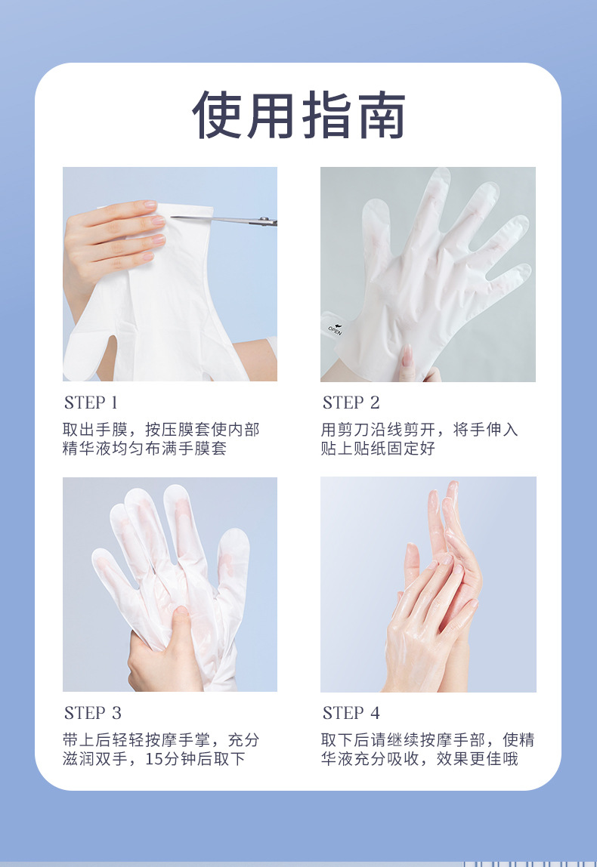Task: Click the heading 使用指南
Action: pyautogui.click(x=298, y=115)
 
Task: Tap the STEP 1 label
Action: pyautogui.click(x=91, y=403)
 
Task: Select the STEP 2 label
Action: pyautogui.click(x=351, y=403)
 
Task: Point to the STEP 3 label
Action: pyautogui.click(x=92, y=713)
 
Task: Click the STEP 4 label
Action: pyautogui.click(x=351, y=713)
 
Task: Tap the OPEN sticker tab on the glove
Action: pyautogui.click(x=333, y=327)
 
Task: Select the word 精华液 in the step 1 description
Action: pyautogui.click(x=88, y=449)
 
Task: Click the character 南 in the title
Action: pyautogui.click(x=381, y=115)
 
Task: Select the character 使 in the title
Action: pyautogui.click(x=217, y=115)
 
